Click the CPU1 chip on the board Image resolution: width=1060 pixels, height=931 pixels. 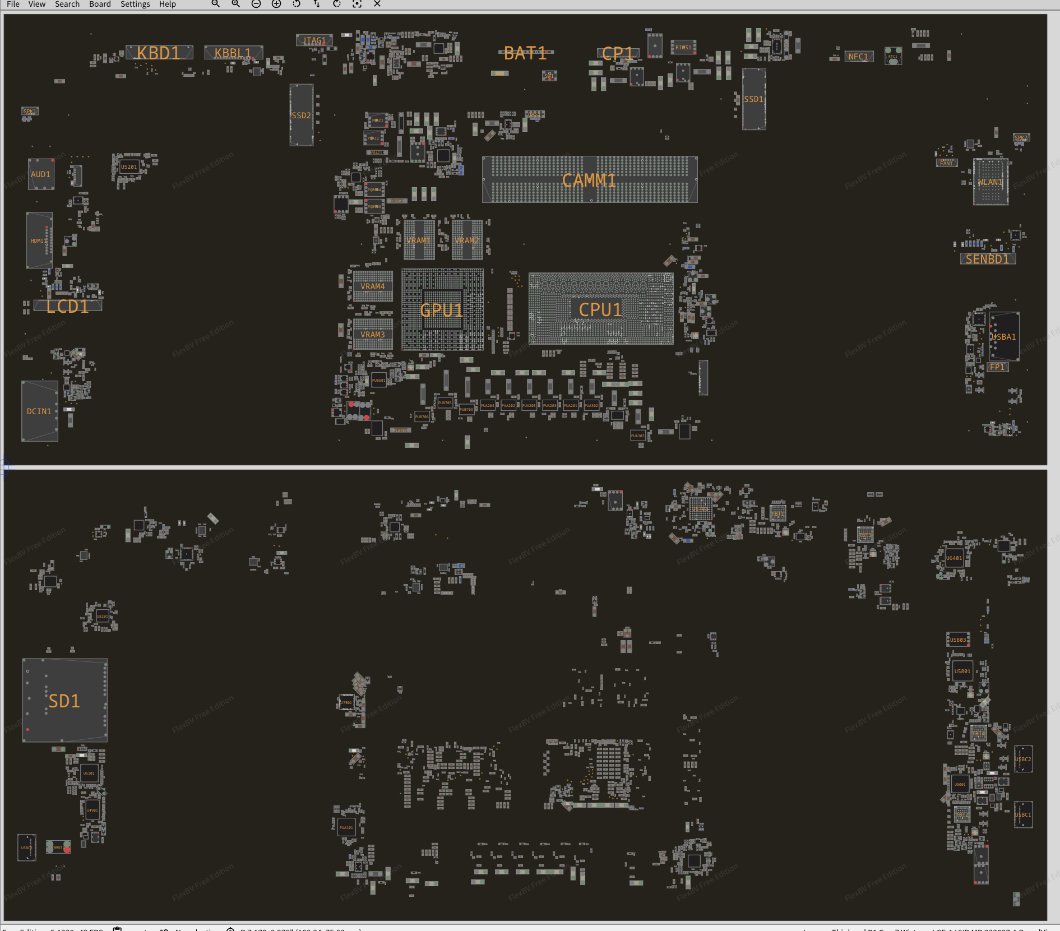pos(600,309)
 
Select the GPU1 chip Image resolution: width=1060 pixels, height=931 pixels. pos(442,310)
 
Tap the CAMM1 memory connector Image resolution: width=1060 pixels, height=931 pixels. pos(589,180)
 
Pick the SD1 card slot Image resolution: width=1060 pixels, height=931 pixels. pos(64,701)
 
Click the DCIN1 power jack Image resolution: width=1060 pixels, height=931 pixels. pos(39,411)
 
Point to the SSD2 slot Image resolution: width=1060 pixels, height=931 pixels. pos(301,115)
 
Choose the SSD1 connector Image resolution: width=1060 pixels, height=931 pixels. pos(753,99)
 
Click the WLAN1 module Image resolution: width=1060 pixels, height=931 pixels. pos(990,182)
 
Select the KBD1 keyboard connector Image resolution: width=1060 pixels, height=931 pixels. pos(159,53)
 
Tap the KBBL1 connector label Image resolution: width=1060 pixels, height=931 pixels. pos(233,53)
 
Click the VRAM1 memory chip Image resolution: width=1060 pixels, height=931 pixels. pos(419,240)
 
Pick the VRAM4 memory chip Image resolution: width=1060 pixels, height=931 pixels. pos(372,286)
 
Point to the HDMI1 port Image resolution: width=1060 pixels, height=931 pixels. pos(39,240)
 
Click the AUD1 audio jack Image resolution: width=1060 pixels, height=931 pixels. pos(40,174)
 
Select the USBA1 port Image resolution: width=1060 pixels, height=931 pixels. pos(1003,337)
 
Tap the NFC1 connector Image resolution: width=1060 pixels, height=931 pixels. pos(858,57)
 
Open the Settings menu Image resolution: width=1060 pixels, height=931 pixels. pos(135,4)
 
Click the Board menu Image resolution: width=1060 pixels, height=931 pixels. pos(100,4)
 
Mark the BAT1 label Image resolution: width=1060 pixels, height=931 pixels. pos(525,54)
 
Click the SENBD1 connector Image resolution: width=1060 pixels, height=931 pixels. pos(987,259)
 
